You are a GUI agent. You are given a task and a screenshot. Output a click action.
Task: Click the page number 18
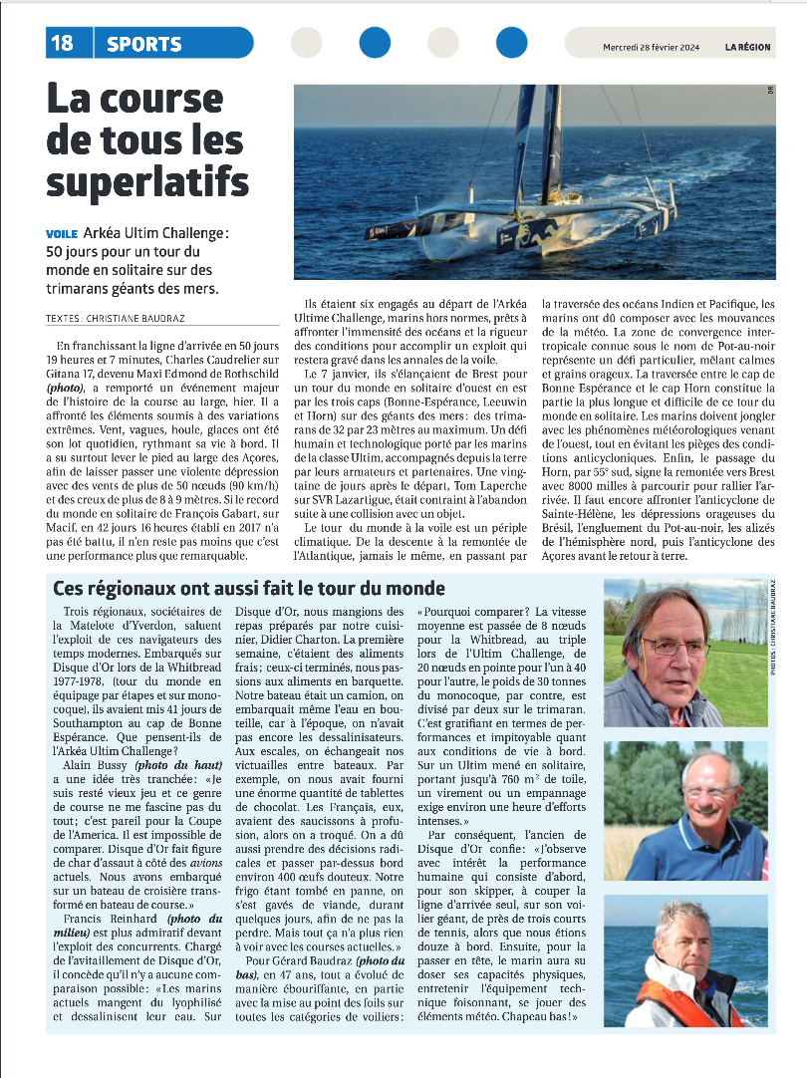(61, 43)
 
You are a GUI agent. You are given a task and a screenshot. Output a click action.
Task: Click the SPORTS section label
(144, 44)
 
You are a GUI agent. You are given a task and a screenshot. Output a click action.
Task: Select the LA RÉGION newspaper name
(747, 47)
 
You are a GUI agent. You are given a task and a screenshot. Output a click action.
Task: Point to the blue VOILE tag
(62, 233)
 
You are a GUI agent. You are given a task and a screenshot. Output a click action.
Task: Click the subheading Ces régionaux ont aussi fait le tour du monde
(249, 589)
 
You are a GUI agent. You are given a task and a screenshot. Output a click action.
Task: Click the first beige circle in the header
(306, 43)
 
